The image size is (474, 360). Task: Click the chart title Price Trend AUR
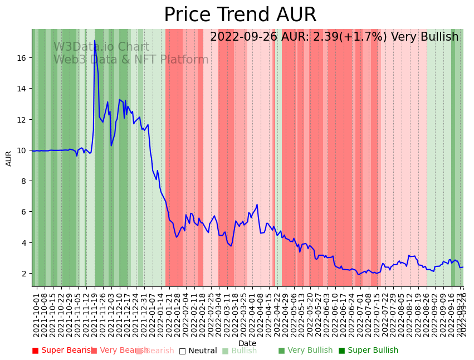click(x=240, y=15)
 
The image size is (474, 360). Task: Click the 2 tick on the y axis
click(x=25, y=274)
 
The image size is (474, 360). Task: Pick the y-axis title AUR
click(x=9, y=158)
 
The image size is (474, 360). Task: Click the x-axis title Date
click(x=247, y=344)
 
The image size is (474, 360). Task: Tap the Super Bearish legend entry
click(x=62, y=351)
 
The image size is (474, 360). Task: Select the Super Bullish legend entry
click(x=368, y=351)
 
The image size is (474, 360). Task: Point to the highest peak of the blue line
click(x=95, y=41)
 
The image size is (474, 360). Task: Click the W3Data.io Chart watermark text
click(x=101, y=47)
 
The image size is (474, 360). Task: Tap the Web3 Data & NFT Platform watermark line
click(x=131, y=60)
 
